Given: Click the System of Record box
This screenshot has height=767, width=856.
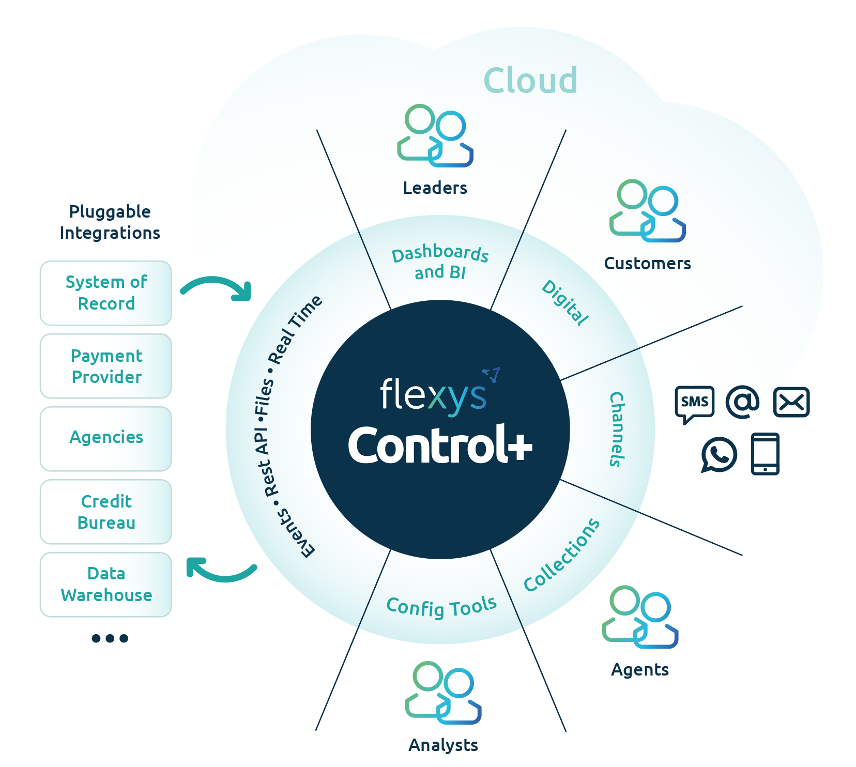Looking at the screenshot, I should (x=106, y=293).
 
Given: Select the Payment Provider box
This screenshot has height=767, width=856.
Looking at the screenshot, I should (x=106, y=366).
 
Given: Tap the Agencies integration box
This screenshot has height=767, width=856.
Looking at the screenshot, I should (x=106, y=439).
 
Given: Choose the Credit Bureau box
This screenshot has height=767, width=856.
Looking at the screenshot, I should (x=106, y=512).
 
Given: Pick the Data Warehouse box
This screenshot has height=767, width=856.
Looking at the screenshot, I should (x=106, y=585).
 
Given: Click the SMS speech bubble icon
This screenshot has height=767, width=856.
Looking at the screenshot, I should (x=694, y=403).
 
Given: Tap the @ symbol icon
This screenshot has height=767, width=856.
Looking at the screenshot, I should (x=742, y=402).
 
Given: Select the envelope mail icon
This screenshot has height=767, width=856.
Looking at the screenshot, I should (x=791, y=402).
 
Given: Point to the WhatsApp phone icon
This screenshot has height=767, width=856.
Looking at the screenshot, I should (x=719, y=454).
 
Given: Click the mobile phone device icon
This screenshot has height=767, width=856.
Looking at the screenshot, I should (x=765, y=454).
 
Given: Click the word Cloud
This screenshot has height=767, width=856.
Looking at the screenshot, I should (x=530, y=81).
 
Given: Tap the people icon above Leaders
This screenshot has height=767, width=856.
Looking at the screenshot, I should (x=435, y=136).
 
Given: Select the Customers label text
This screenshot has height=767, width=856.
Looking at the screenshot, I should (x=647, y=264).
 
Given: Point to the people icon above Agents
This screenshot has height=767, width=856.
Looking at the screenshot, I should (x=640, y=617).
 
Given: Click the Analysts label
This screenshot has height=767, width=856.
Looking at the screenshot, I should (x=443, y=745).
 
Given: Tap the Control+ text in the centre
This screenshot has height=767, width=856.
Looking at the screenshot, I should (x=440, y=445).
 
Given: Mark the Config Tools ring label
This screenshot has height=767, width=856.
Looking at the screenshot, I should (x=441, y=606).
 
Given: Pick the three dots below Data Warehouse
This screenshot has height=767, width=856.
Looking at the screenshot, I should (x=110, y=638).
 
